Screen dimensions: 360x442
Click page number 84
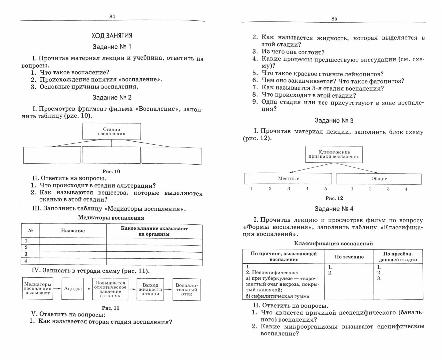[x=112, y=17]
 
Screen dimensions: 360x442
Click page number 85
[x=334, y=19]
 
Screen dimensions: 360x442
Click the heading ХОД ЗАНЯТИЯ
[x=112, y=36]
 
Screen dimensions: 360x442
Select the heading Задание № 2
[x=112, y=97]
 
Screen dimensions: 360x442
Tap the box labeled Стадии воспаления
[x=111, y=131]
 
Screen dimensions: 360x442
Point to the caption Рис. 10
[x=111, y=172]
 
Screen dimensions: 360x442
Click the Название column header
[x=73, y=231]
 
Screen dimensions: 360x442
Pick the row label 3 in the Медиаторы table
[x=26, y=254]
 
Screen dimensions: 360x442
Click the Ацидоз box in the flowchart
[x=73, y=289]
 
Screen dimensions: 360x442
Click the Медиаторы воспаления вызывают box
[x=37, y=289]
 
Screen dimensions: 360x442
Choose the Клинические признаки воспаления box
[x=334, y=154]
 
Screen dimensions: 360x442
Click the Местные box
[x=289, y=179]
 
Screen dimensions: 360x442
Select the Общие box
[x=379, y=179]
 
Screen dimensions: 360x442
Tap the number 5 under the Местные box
[x=326, y=189]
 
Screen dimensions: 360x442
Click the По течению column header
[x=349, y=257]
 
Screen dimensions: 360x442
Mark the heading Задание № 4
[x=334, y=209]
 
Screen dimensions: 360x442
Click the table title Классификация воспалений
[x=334, y=244]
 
